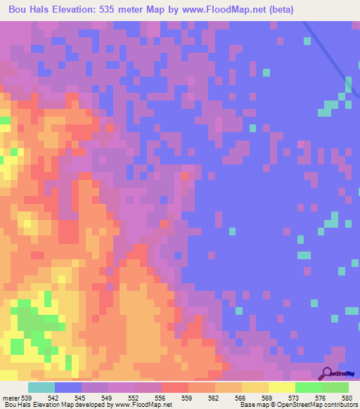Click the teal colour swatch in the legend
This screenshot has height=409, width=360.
tap(41, 387)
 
